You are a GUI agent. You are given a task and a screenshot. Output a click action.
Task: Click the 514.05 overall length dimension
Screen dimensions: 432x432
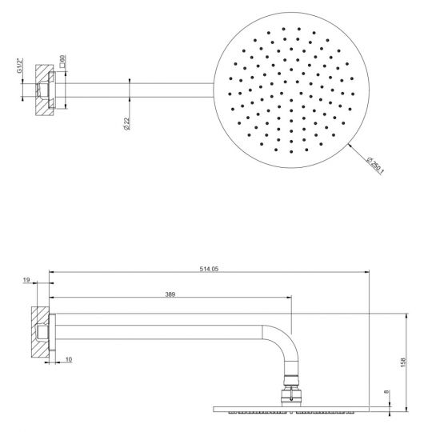209,269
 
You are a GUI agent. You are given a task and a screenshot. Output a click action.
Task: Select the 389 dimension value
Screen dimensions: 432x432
170,295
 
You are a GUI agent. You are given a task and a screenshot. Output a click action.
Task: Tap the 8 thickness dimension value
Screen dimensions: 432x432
386,392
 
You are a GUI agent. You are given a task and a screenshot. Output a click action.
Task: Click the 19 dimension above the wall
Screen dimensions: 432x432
26,281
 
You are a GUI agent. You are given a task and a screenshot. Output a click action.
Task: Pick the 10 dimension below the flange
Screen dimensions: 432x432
69,360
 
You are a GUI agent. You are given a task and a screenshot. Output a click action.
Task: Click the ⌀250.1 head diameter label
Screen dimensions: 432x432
374,167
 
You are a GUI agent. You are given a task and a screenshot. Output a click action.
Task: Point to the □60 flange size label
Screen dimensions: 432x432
62,62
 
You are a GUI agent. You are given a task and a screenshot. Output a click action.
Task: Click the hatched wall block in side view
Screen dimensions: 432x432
38,330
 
